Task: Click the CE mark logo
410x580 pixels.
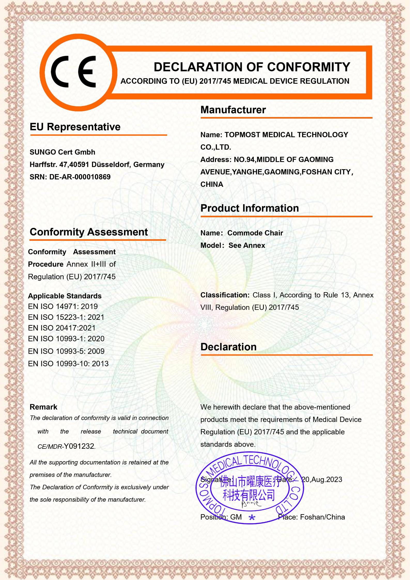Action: pos(73,72)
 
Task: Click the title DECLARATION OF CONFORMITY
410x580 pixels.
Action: pos(252,67)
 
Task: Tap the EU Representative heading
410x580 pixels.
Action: pos(75,127)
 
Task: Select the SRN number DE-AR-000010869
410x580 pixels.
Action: pos(80,177)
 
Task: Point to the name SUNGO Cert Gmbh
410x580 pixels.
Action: pos(62,152)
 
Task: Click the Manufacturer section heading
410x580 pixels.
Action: pos(233,110)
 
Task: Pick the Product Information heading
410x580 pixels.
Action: pos(250,208)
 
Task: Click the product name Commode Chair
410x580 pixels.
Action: pos(255,233)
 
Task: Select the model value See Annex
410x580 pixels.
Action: pos(247,245)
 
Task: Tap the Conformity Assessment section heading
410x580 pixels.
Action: pos(89,232)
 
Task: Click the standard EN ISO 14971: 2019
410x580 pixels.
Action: pos(63,307)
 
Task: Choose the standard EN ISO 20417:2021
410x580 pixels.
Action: pos(62,328)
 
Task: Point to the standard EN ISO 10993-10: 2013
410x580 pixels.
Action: pos(68,364)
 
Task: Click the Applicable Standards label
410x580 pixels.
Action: pos(65,296)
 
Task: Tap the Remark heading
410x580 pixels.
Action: pos(43,407)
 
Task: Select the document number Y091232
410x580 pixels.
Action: pos(79,446)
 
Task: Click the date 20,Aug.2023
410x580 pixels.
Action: pos(322,480)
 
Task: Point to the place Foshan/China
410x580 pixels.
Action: pos(322,517)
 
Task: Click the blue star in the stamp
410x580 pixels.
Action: pos(252,517)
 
